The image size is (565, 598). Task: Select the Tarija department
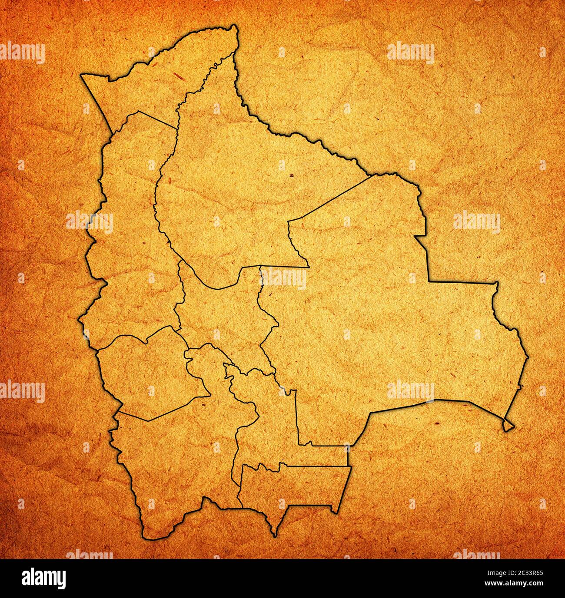coord(291,486)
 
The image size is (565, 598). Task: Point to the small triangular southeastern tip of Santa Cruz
coord(508,425)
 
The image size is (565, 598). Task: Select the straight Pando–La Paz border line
coord(156,119)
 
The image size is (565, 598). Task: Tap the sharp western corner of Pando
coord(82,75)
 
